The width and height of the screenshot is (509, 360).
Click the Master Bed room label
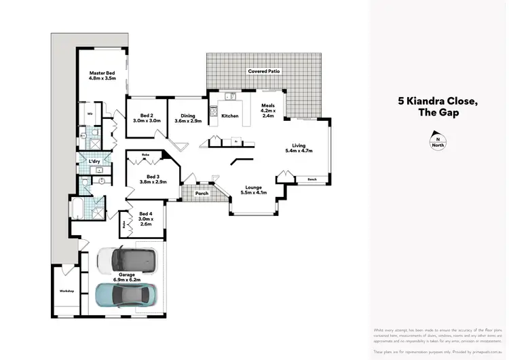tap(102, 75)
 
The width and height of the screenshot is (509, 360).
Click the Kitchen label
tap(230, 116)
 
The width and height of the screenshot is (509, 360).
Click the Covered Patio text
tap(263, 71)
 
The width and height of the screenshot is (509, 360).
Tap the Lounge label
tap(254, 189)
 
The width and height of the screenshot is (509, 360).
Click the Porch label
tap(200, 193)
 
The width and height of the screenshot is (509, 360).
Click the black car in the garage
tap(126, 259)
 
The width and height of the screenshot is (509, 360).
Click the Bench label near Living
tap(312, 179)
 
